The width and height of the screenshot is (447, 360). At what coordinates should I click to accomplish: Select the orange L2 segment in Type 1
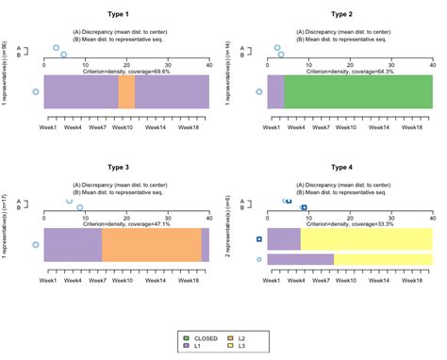pos(126,91)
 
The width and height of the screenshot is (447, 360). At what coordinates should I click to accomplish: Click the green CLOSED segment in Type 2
pos(357,91)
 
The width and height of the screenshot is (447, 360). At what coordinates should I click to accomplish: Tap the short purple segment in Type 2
pos(275,91)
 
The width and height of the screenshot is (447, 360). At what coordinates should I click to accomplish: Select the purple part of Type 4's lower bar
pos(300,259)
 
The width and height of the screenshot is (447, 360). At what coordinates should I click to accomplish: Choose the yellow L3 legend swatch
pos(230,347)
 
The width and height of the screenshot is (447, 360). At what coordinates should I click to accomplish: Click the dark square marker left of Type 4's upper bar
pos(259,239)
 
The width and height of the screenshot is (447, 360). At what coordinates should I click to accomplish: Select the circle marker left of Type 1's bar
pos(36,91)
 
